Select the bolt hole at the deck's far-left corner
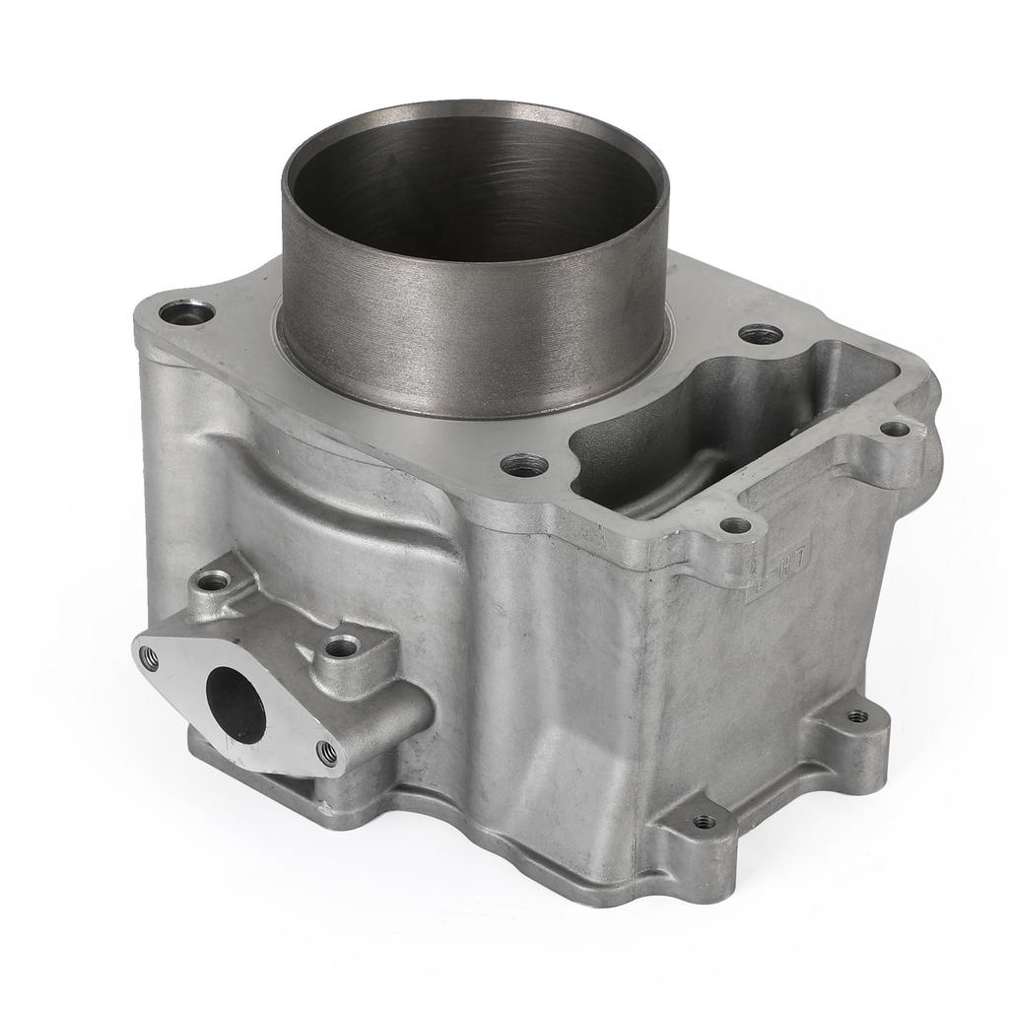tap(188, 313)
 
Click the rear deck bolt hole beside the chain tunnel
tap(760, 334)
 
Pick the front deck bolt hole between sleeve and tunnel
tap(523, 464)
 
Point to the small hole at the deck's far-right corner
tap(894, 429)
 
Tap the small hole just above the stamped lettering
tap(733, 526)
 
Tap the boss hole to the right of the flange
tap(342, 647)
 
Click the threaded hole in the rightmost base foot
tap(858, 716)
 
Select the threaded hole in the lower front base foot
tap(703, 821)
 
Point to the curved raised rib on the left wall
tap(325, 463)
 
